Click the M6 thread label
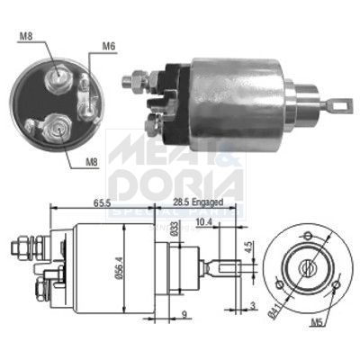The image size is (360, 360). click(x=108, y=45)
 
